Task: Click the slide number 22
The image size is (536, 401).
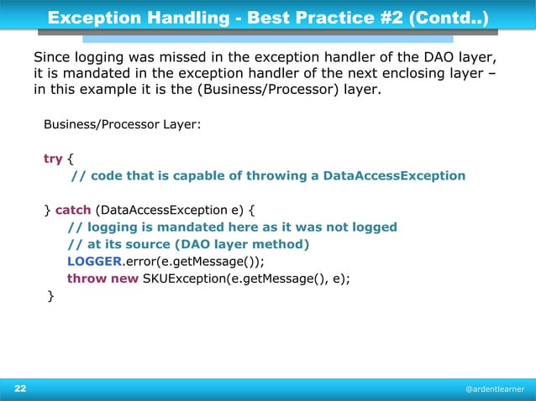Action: coord(19,389)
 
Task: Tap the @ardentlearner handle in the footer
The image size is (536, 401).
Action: coord(495,390)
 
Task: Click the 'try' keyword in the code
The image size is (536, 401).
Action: coord(53,159)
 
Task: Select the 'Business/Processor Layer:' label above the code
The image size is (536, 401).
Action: coord(122,125)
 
